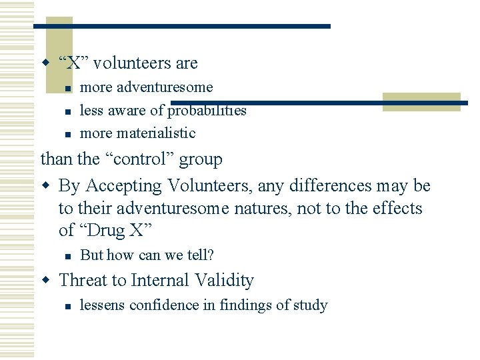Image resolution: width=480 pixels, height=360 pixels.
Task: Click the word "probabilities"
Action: click(x=207, y=111)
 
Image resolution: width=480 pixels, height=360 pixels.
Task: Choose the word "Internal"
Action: click(x=167, y=281)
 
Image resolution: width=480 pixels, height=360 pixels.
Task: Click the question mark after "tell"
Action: click(x=210, y=255)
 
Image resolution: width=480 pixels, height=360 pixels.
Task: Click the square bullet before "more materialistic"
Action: click(x=67, y=133)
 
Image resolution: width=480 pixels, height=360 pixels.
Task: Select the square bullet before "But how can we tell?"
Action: click(x=67, y=255)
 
